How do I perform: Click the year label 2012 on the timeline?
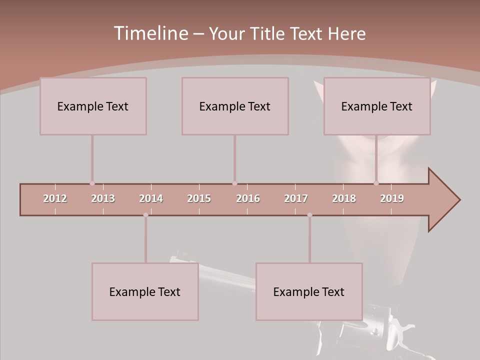tap(55, 198)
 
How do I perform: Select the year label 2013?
tap(103, 198)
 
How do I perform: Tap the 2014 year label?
tap(151, 198)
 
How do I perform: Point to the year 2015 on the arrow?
tap(199, 198)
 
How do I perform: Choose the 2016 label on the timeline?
tap(248, 198)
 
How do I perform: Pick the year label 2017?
tap(296, 198)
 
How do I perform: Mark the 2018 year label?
tap(344, 198)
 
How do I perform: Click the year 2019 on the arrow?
tap(392, 198)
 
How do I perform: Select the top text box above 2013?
tap(93, 106)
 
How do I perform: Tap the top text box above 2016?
tap(235, 106)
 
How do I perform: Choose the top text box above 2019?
tap(377, 106)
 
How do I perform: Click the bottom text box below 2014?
tap(145, 291)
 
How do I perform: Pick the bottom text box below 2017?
tap(309, 291)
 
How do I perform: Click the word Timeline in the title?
tap(150, 33)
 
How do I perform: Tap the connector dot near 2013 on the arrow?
tap(92, 183)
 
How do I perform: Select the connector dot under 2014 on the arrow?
tap(145, 215)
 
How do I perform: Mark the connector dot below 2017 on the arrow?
tap(309, 215)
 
